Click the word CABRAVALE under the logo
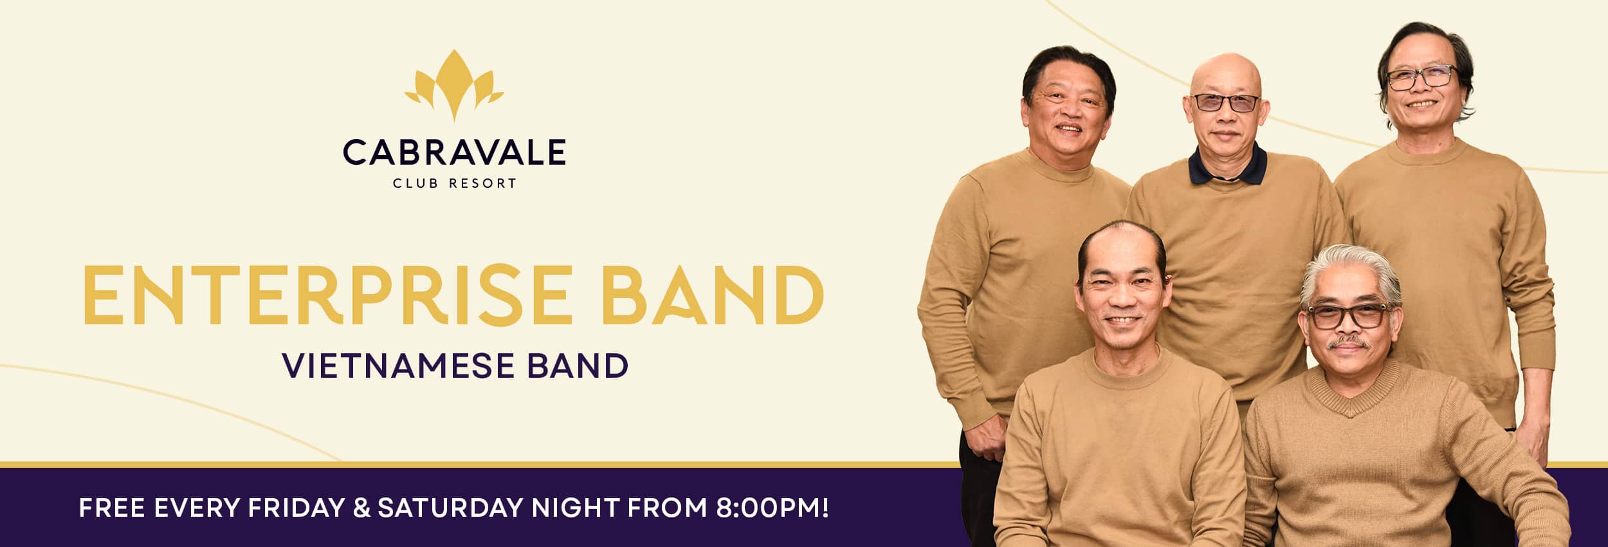[454, 153]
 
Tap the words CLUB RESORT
[454, 183]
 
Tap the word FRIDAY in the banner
[296, 508]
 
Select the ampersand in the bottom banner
[361, 508]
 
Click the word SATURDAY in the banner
[450, 508]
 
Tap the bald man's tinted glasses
[1225, 102]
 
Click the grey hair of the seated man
[1351, 270]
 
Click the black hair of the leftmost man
[1068, 64]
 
